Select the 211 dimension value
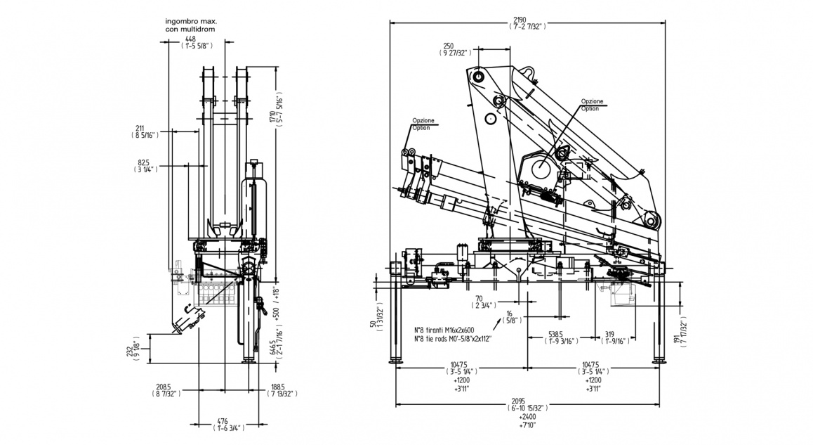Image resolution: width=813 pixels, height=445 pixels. (x=140, y=128)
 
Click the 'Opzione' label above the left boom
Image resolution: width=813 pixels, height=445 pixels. (x=423, y=120)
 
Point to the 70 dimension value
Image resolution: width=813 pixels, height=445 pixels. (x=482, y=298)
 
